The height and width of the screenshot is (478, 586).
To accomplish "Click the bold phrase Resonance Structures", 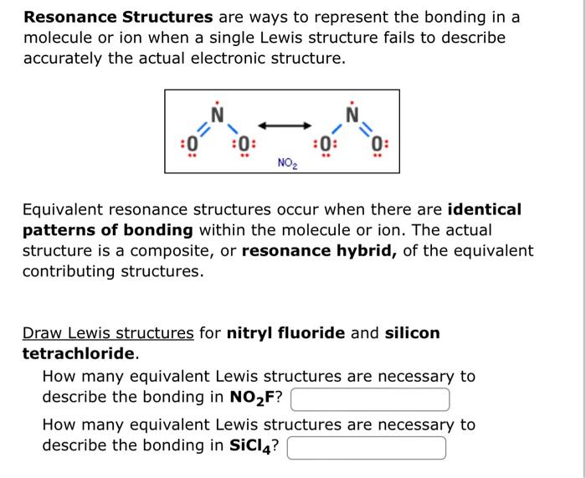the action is [x=118, y=18].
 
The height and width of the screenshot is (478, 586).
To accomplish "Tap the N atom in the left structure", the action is [x=217, y=113].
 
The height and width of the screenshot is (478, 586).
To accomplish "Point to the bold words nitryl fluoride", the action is [x=285, y=333].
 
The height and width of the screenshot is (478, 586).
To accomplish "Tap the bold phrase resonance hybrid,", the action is [x=320, y=251].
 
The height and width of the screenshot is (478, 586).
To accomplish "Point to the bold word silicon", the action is [x=412, y=333].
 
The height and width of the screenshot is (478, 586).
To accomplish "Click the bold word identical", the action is [x=485, y=209].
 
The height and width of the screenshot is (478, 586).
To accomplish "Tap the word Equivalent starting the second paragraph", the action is [x=64, y=209].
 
